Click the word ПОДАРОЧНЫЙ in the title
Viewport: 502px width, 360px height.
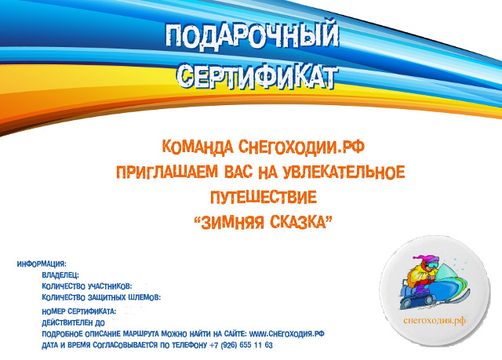pos(252,37)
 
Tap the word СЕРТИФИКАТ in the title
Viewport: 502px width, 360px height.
pos(257,76)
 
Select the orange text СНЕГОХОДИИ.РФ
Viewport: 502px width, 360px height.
pos(301,147)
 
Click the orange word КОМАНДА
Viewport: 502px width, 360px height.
pos(198,147)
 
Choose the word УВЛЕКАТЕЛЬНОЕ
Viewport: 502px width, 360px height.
pos(344,172)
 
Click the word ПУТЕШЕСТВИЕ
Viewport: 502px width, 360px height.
pos(264,197)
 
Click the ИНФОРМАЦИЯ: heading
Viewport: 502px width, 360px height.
pos(42,264)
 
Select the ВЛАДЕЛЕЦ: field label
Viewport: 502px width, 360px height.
pos(60,275)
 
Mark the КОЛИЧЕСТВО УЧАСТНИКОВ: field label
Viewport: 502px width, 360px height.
pos(87,286)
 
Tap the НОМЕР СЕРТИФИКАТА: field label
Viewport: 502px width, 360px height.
pos(79,311)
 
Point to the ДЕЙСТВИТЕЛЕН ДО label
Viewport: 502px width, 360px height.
pos(73,322)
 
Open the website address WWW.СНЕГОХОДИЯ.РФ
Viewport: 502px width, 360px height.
pos(287,334)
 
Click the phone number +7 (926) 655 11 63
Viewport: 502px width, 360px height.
pos(241,345)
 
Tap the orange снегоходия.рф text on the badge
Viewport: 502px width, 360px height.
pos(435,320)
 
